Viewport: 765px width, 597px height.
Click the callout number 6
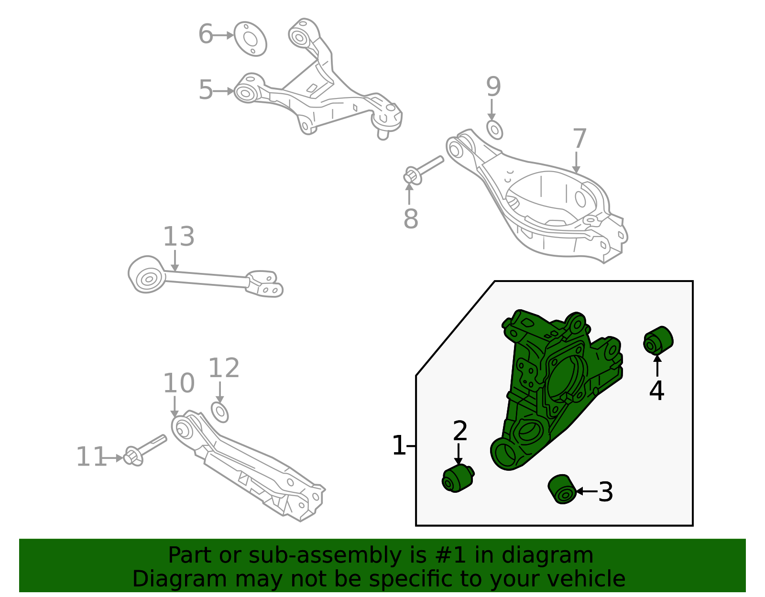pos(206,35)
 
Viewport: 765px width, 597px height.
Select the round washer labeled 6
pos(250,39)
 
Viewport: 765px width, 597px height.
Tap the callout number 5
pos(206,91)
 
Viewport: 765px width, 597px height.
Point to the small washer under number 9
pos(494,130)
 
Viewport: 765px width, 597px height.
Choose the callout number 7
pos(579,139)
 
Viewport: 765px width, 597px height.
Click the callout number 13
pos(179,237)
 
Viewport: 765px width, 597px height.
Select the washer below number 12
pos(219,412)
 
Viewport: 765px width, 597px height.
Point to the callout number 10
pos(179,383)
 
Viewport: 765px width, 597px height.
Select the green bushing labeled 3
pos(562,489)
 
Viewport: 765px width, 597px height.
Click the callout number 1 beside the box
pos(398,445)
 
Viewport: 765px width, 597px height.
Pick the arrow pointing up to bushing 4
pos(657,365)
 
